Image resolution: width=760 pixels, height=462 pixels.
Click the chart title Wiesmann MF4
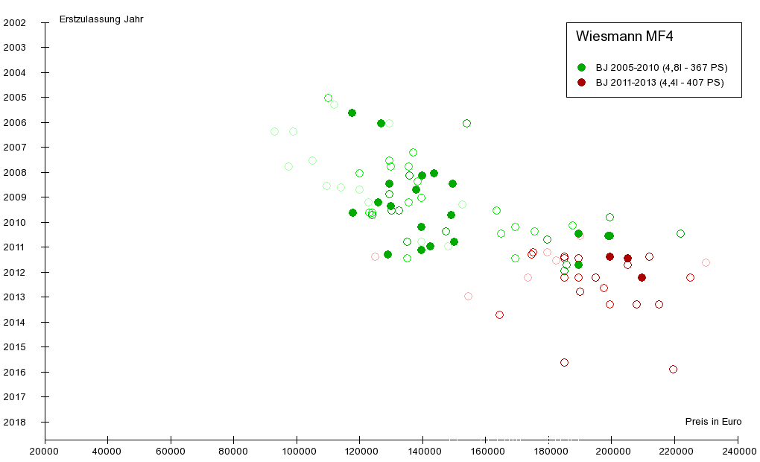coord(624,36)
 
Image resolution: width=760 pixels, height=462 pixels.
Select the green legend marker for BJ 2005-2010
coord(581,67)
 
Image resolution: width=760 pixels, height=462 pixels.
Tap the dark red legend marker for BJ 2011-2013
coord(581,83)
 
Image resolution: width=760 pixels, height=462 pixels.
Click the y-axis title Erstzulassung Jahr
coord(101,19)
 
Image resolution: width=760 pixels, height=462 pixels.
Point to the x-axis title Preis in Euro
coord(712,422)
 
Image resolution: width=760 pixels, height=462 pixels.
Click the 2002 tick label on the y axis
coord(15,22)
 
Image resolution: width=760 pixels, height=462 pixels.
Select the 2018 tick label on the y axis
coord(15,422)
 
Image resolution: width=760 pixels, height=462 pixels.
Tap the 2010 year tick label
coord(15,222)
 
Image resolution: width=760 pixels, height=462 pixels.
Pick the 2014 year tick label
coord(15,322)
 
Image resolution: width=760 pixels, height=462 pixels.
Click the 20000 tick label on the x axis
coord(45,451)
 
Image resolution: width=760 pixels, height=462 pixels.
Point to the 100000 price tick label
coord(297,451)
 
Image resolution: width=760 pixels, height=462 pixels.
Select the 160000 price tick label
coord(486,451)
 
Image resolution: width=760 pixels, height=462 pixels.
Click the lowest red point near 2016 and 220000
coord(673,369)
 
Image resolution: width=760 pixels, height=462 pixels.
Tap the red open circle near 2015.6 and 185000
coord(564,362)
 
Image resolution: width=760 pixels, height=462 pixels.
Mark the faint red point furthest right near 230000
coord(706,262)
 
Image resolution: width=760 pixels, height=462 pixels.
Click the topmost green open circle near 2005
coord(328,98)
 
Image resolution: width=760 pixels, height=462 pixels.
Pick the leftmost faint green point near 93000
coord(274,131)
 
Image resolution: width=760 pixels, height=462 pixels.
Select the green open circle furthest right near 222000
coord(680,233)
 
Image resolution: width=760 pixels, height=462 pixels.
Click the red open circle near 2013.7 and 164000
coord(499,314)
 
